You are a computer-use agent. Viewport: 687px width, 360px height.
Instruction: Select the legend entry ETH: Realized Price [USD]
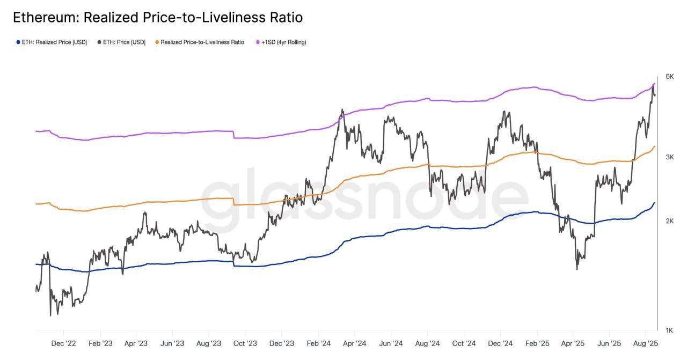click(x=54, y=42)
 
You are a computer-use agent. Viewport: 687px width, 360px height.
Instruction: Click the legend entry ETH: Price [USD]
click(x=124, y=42)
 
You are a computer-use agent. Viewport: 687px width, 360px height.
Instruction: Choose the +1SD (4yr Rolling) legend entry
click(x=284, y=42)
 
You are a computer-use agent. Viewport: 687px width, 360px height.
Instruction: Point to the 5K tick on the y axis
click(x=669, y=77)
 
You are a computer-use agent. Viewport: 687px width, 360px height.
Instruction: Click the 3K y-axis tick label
click(x=669, y=157)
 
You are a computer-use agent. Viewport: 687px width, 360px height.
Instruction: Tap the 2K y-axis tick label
click(x=669, y=221)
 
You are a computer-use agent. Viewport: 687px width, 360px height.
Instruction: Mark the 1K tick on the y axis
click(x=669, y=330)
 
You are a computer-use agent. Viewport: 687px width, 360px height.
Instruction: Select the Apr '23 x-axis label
click(x=135, y=343)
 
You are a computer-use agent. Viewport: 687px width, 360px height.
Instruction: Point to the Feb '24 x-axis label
click(x=318, y=343)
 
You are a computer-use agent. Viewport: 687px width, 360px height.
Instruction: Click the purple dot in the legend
click(x=258, y=42)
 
